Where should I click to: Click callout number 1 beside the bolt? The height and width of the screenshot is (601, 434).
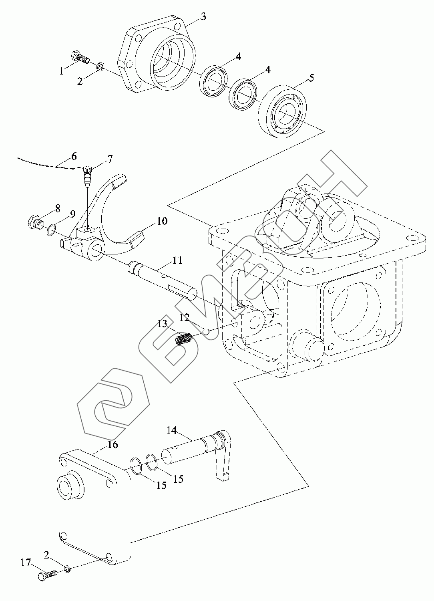click(61, 71)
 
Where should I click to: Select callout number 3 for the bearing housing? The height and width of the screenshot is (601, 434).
click(203, 16)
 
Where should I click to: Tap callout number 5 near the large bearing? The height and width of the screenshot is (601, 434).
click(311, 78)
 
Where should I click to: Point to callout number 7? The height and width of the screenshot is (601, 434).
click(109, 160)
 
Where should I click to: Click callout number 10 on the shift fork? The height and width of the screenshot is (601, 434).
click(162, 221)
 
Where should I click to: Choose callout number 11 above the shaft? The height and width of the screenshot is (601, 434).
click(177, 261)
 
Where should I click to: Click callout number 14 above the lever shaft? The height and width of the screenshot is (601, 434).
click(172, 430)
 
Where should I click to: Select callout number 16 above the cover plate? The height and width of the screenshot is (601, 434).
click(113, 444)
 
